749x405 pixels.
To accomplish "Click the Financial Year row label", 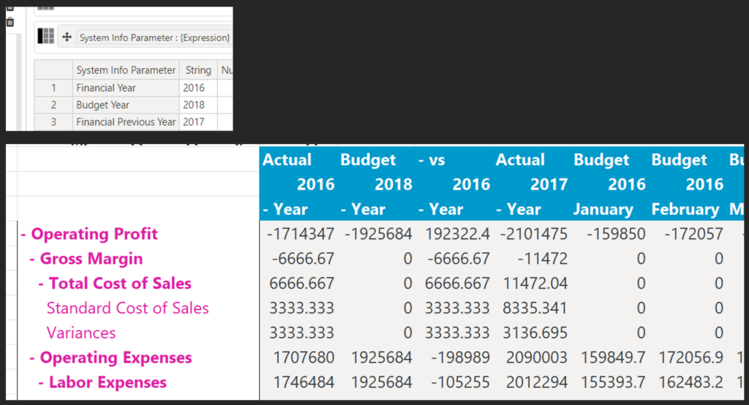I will coord(106,88).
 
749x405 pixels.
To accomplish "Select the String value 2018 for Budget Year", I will coord(194,105).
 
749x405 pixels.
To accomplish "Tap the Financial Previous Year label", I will coord(126,122).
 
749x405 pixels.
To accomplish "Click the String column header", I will coord(198,70).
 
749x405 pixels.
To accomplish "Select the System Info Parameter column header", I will coord(126,70).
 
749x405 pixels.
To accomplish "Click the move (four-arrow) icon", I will coord(67,37).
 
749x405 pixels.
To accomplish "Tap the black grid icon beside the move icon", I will coord(46,37).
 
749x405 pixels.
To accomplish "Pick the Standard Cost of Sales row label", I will coord(127,308).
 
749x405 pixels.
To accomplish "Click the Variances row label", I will coord(81,333).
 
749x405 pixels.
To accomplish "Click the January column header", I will coord(603,209).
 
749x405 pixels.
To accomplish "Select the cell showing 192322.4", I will coord(453,234).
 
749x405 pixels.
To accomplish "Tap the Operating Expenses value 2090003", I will coord(533,357).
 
